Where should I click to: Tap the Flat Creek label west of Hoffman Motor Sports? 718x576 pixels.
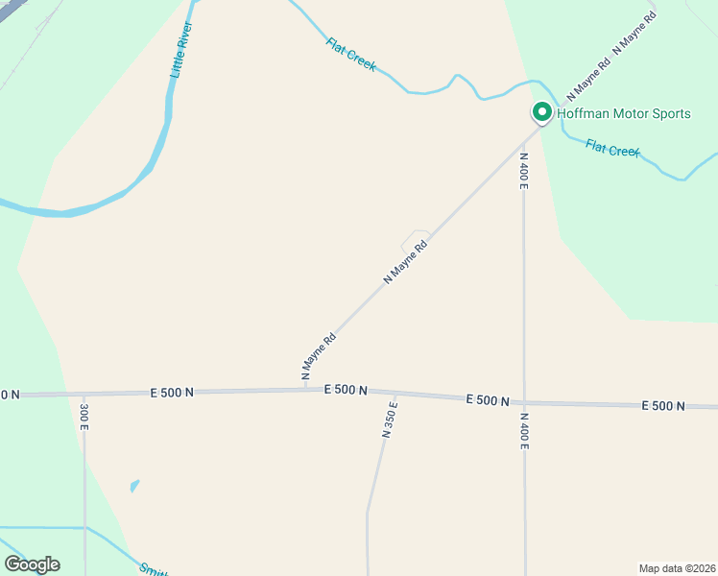[350, 55]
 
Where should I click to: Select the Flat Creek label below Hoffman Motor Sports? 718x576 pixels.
[612, 149]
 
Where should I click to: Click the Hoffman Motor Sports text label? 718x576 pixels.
[624, 114]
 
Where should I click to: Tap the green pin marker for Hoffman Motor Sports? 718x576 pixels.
[541, 113]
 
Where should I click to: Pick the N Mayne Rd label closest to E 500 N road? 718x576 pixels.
[320, 355]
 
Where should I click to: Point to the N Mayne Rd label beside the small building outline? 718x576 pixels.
[405, 261]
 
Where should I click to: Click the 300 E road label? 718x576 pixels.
[84, 416]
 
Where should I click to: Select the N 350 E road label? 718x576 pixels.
[389, 420]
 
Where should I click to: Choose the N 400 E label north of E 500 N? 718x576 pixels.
[523, 170]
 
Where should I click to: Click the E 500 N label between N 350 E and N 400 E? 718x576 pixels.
[488, 400]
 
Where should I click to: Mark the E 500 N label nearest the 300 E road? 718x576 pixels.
[173, 393]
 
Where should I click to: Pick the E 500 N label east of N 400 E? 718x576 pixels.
[663, 406]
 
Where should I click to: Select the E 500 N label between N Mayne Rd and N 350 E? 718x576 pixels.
[346, 390]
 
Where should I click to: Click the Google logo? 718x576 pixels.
[32, 564]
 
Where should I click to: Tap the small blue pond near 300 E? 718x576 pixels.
[134, 485]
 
